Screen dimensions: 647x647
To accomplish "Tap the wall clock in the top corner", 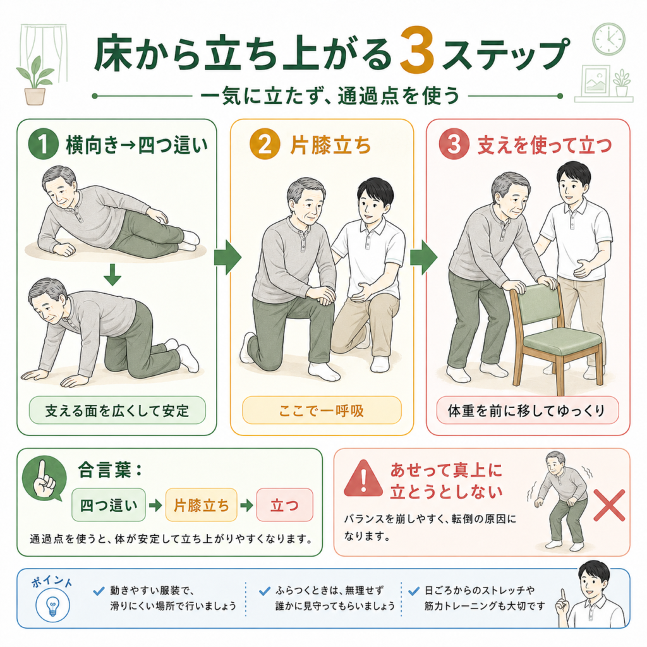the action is (x=608, y=39).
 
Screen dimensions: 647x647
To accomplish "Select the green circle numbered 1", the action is (x=44, y=145).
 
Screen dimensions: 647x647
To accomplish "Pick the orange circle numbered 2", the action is (x=265, y=145).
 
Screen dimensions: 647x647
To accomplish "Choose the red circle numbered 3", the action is (x=454, y=145).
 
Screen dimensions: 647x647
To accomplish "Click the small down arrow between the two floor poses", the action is (x=112, y=275).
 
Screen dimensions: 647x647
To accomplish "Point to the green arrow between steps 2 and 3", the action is (x=424, y=257).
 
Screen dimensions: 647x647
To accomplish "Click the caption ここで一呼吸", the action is (x=322, y=411).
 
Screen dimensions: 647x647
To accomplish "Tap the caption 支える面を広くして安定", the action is (x=117, y=411).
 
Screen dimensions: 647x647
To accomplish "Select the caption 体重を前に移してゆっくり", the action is (x=528, y=411).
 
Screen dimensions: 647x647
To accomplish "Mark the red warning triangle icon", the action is (x=363, y=478).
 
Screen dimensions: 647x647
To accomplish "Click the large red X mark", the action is (x=609, y=505).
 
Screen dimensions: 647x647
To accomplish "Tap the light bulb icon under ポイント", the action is (x=52, y=605).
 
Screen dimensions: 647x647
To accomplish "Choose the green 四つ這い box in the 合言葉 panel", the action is (x=109, y=505).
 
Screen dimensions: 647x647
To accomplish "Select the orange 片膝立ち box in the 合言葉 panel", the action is (x=202, y=505).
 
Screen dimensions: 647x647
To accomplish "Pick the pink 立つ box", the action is (x=285, y=505).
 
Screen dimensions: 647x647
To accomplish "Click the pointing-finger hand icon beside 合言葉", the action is (x=44, y=480).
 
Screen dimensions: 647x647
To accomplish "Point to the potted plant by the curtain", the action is (x=35, y=81).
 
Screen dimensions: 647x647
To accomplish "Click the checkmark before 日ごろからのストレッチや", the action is (x=413, y=591).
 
